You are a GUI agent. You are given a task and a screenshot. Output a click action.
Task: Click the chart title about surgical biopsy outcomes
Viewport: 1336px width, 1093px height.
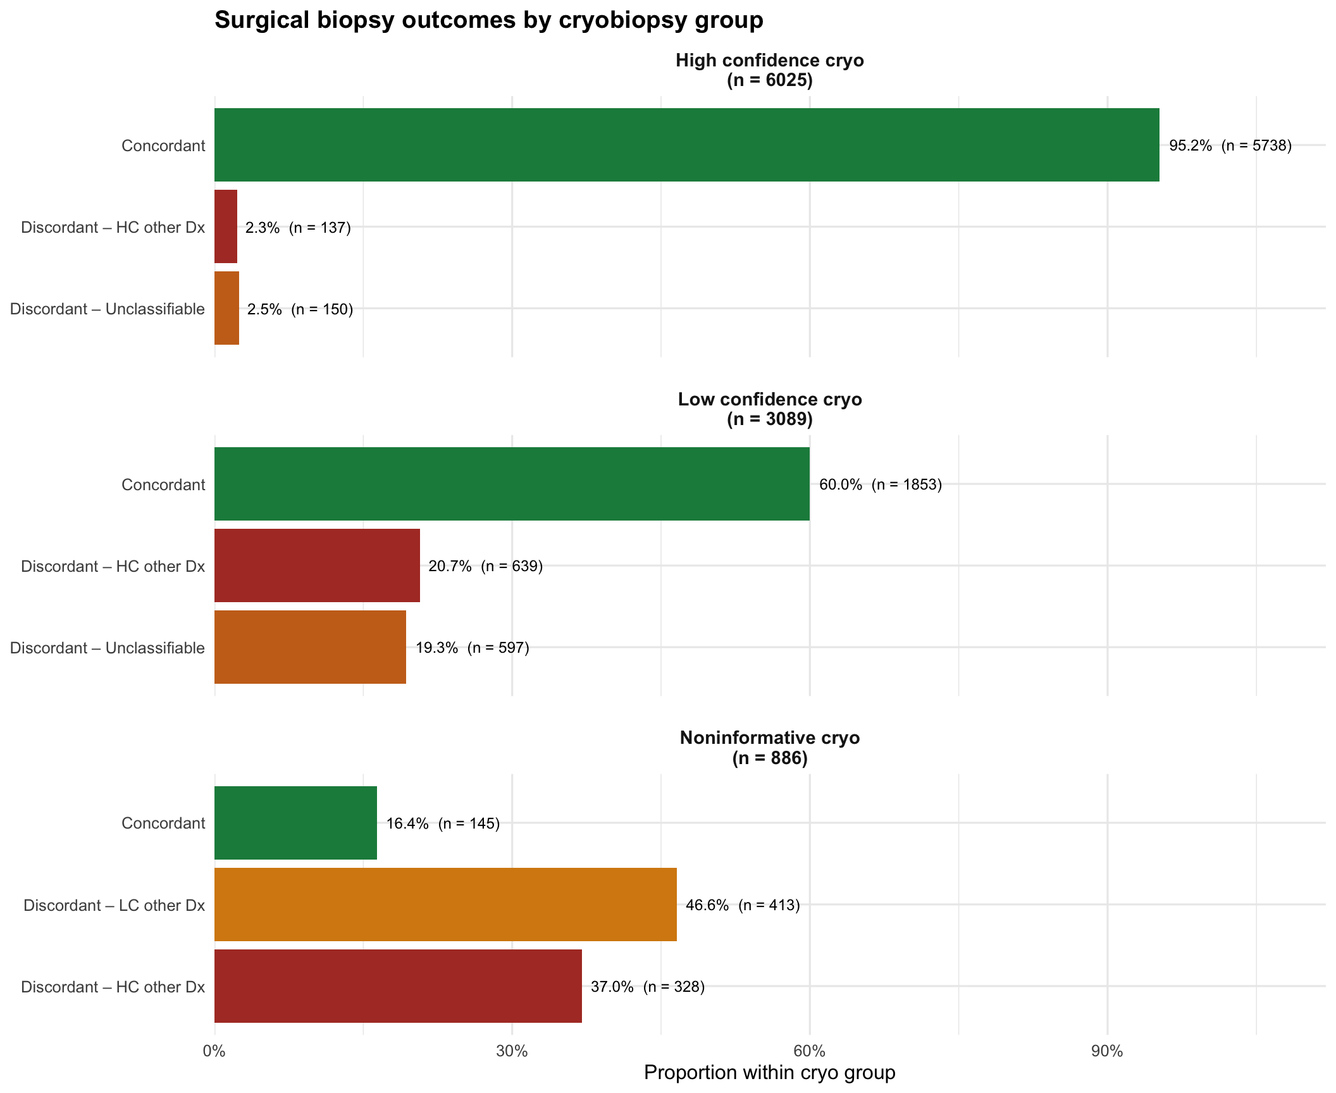tap(488, 20)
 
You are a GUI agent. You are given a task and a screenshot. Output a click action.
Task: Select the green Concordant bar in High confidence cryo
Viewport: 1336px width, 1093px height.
tap(686, 145)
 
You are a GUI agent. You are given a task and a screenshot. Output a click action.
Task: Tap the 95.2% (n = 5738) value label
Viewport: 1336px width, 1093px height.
tap(1230, 146)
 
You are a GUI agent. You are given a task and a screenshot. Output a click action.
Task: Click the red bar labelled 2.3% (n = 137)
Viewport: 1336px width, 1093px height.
tap(226, 226)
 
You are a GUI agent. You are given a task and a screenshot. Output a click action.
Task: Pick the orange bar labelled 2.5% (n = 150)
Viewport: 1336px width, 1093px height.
tap(226, 308)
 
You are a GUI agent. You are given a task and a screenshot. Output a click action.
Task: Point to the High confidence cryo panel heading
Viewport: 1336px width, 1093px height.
tap(769, 70)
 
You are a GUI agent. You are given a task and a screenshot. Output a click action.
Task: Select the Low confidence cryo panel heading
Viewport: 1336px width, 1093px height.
tap(769, 409)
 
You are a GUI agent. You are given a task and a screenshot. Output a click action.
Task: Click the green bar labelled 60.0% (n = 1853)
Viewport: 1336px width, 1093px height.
tap(512, 484)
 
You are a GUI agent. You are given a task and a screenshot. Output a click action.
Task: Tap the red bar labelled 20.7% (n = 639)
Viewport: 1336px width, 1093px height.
tap(317, 565)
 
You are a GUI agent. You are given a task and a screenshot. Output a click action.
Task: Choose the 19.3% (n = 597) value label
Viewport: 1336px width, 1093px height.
tap(472, 648)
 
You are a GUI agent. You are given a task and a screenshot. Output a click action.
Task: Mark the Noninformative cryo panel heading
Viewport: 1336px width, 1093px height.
tap(769, 748)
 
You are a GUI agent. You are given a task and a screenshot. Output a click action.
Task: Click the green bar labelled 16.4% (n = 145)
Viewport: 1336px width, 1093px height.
tap(295, 823)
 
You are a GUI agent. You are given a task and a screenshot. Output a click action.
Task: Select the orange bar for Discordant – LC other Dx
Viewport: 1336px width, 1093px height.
tap(445, 905)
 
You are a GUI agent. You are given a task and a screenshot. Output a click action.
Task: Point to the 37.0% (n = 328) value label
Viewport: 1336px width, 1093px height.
tap(647, 987)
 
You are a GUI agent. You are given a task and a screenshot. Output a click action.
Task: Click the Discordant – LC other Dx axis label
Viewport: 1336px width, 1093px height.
tap(114, 905)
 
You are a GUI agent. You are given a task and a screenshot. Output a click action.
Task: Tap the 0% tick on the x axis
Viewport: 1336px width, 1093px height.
tap(214, 1051)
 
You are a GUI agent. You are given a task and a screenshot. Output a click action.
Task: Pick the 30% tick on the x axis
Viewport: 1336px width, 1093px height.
tap(512, 1051)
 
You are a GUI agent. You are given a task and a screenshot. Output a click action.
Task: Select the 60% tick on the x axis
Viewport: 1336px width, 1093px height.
tap(810, 1051)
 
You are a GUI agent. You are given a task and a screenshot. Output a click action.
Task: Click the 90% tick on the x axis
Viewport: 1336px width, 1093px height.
tap(1107, 1051)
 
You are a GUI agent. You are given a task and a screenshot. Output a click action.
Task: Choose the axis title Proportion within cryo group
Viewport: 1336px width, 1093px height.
tap(769, 1073)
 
